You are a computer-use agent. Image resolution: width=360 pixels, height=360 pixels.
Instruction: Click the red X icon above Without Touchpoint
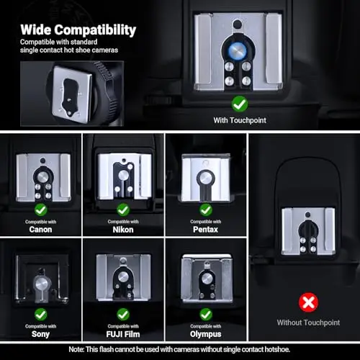(x=308, y=302)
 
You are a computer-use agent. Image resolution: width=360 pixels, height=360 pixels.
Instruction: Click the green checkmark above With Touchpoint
(x=240, y=104)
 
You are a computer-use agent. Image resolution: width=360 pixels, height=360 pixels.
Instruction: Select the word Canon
(x=40, y=230)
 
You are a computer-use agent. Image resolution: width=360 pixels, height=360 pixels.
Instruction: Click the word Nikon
(x=123, y=230)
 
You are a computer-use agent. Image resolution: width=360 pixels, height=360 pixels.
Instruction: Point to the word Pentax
(x=205, y=230)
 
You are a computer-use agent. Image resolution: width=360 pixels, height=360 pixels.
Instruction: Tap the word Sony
(x=40, y=334)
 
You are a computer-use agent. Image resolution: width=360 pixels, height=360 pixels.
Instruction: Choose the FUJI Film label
(x=123, y=334)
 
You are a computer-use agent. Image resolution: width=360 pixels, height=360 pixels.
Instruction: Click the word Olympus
(x=205, y=334)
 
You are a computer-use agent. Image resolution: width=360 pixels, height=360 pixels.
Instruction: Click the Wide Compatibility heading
(x=78, y=30)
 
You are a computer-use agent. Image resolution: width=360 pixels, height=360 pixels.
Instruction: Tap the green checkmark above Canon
(x=41, y=210)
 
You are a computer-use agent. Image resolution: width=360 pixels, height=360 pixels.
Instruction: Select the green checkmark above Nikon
(x=123, y=210)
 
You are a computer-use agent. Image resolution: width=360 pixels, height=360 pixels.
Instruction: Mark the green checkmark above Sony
(x=41, y=315)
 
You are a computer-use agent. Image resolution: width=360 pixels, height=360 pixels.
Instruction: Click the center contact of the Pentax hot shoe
(x=206, y=178)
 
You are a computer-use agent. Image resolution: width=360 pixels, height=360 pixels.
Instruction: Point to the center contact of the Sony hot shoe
(x=41, y=284)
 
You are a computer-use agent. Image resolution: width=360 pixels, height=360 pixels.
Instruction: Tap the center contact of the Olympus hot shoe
(x=207, y=279)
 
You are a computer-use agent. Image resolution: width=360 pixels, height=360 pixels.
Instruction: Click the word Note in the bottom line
(x=76, y=349)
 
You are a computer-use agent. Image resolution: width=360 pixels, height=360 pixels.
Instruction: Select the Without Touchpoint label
(x=308, y=323)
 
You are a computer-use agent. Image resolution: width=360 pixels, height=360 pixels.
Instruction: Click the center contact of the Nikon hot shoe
(x=123, y=175)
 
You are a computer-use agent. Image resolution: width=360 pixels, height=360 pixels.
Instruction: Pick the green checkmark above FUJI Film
(x=123, y=315)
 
